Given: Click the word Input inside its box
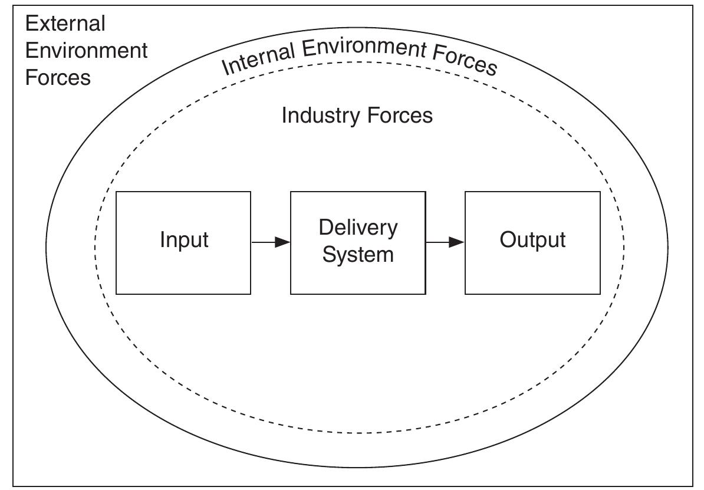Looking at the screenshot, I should pyautogui.click(x=184, y=241).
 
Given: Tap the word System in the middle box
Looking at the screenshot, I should pyautogui.click(x=358, y=255).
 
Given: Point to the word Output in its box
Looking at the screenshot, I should pyautogui.click(x=532, y=241).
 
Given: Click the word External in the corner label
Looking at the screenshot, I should pyautogui.click(x=65, y=24).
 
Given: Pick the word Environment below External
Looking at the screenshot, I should pyautogui.click(x=86, y=51).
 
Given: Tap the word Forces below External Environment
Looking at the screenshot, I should pyautogui.click(x=58, y=78).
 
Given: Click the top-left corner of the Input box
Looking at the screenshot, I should pyautogui.click(x=116, y=192).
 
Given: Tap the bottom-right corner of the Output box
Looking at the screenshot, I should pyautogui.click(x=600, y=294).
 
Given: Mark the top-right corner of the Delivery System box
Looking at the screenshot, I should pyautogui.click(x=425, y=192).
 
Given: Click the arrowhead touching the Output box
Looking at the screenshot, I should pyautogui.click(x=458, y=242).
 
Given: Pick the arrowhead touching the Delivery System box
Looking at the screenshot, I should pyautogui.click(x=283, y=242).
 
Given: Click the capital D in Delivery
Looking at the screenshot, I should pyautogui.click(x=324, y=228).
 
